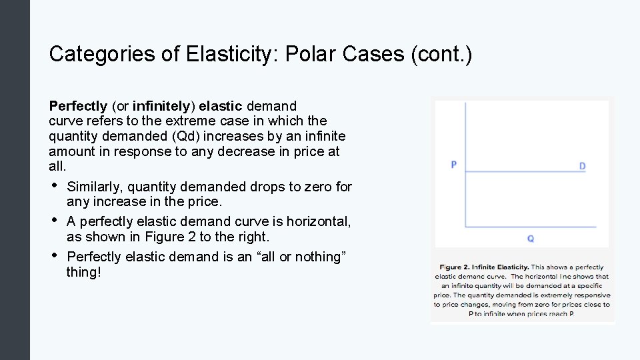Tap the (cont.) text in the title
441,54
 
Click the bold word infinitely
159,106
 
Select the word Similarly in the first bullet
93,187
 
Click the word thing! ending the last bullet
84,272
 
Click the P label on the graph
453,165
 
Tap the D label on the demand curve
582,166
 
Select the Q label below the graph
530,238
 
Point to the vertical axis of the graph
465,187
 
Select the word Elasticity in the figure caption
511,267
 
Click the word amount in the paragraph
69,152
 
